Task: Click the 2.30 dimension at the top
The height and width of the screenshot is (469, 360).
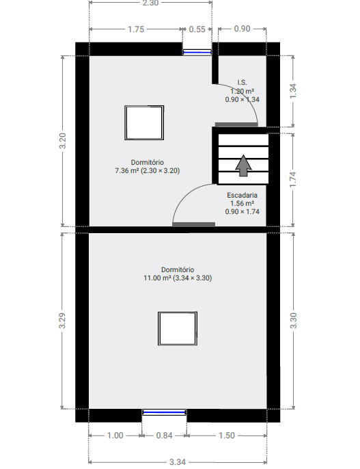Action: pos(150,3)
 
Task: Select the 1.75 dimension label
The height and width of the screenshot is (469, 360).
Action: pos(135,29)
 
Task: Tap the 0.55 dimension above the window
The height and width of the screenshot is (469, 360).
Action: pos(197,29)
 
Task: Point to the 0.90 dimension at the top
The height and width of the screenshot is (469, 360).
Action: pos(242,29)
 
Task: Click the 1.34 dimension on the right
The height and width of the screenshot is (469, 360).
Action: pos(293,92)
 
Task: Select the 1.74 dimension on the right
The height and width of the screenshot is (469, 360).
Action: pos(293,179)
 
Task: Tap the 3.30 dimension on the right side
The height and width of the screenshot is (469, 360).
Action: pos(293,321)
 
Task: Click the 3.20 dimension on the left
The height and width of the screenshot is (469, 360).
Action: pos(63,141)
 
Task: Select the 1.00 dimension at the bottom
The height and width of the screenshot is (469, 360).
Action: pos(115,435)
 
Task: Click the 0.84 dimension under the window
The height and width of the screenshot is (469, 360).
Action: pos(164,435)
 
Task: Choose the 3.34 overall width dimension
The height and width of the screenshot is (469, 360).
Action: pos(178,461)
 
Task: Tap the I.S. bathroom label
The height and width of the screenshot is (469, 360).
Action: pos(242,82)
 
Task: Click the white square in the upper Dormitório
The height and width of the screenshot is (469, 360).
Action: pos(144,123)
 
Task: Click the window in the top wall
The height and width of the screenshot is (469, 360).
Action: pos(197,50)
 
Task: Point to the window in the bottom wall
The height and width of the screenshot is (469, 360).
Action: pos(164,412)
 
